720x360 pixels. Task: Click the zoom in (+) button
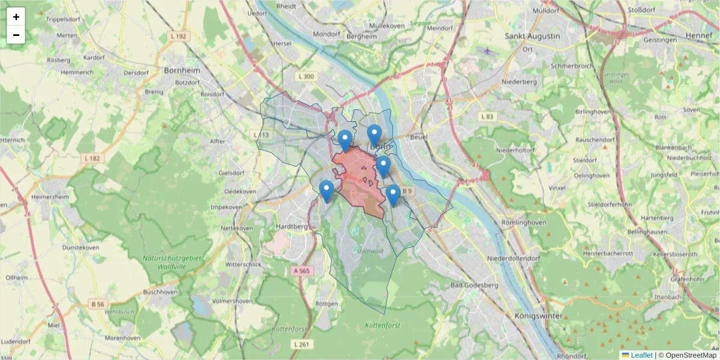tap(16, 17)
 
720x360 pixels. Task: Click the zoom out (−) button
tap(16, 35)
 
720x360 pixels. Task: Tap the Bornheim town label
tap(182, 70)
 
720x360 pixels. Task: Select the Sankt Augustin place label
tap(532, 36)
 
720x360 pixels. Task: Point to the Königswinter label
tap(538, 316)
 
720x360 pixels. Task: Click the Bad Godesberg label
tap(474, 285)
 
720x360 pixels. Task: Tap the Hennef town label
tap(698, 36)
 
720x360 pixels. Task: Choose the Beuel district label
tap(418, 137)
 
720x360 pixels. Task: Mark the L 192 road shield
tap(178, 37)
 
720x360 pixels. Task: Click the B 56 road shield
tap(98, 305)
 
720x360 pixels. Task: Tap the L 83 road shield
tap(487, 116)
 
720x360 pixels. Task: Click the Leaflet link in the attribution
tap(641, 355)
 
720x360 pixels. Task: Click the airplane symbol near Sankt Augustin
tap(487, 51)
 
